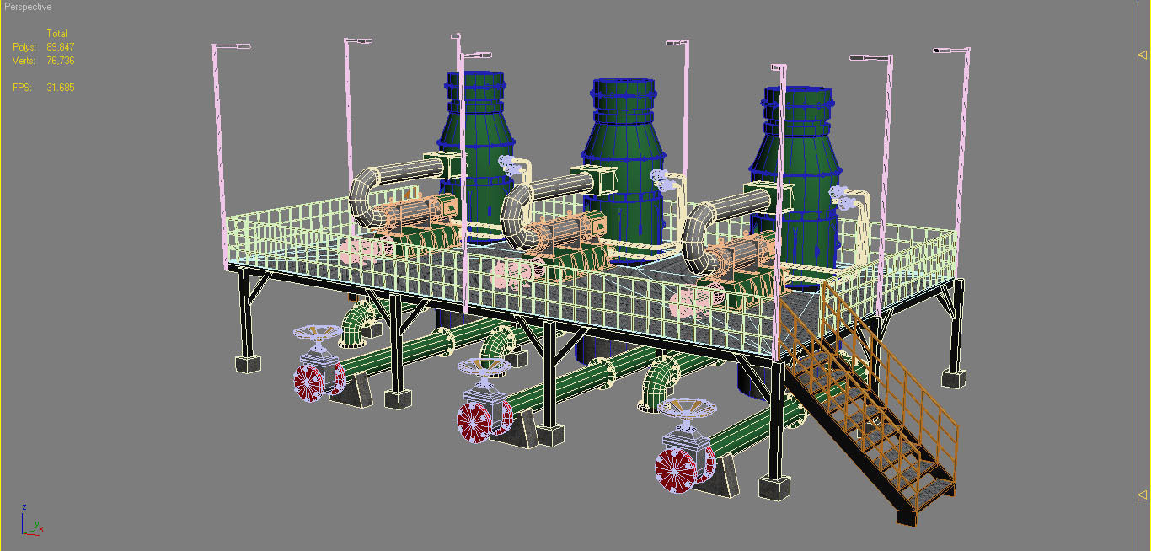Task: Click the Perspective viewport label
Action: pyautogui.click(x=28, y=7)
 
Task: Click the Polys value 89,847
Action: pyautogui.click(x=61, y=47)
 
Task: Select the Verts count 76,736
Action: pyautogui.click(x=61, y=61)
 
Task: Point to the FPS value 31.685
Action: pyautogui.click(x=61, y=88)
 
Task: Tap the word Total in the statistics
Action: pyautogui.click(x=56, y=34)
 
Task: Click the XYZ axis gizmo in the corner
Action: pyautogui.click(x=30, y=522)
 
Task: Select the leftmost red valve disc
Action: pyautogui.click(x=309, y=382)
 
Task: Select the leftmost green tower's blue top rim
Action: pyautogui.click(x=475, y=78)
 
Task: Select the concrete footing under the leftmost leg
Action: pyautogui.click(x=247, y=363)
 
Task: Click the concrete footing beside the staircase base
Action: pyautogui.click(x=774, y=486)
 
